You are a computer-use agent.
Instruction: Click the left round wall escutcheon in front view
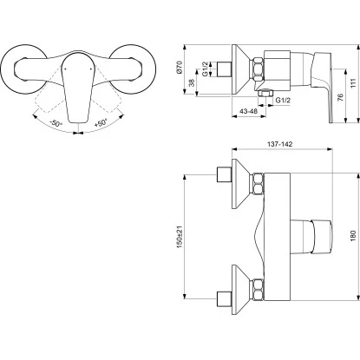29,66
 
